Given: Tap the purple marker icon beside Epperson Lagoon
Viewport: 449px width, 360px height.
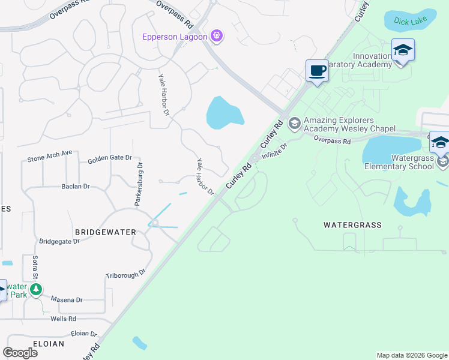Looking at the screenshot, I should point(217,37).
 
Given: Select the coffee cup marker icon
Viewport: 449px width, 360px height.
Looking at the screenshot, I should point(317,71).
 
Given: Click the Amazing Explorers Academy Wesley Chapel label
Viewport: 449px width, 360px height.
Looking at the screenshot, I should point(349,124).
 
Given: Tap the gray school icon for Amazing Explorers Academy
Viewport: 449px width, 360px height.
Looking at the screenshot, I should point(294,124).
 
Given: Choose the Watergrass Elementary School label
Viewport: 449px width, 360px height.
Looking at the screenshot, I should point(399,162).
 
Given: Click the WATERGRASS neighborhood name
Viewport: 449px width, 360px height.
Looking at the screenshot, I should point(352,225).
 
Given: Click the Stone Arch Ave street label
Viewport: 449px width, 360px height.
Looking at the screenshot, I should point(50,157).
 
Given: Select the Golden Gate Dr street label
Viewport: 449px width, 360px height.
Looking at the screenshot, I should point(109,158).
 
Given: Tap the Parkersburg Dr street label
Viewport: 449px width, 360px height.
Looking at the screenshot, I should point(139,184).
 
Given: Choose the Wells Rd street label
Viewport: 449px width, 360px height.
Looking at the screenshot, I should point(62,319).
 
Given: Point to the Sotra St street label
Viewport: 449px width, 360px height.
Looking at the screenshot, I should point(35,266).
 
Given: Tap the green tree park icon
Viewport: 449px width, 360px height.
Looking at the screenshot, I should point(36,290).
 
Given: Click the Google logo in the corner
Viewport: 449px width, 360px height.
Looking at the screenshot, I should point(20,353).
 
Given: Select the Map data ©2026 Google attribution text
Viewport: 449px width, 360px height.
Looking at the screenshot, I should point(411,355).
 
